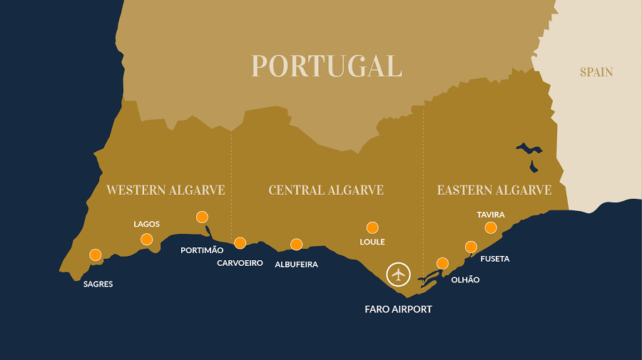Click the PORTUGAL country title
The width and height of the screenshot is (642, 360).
pyautogui.click(x=327, y=66)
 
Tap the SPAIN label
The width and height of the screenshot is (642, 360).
pyautogui.click(x=596, y=72)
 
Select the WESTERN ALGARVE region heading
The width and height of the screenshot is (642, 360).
pyautogui.click(x=165, y=190)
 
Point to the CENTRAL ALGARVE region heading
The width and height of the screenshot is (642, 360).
pyautogui.click(x=326, y=190)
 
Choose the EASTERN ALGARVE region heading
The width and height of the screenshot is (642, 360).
pyautogui.click(x=494, y=190)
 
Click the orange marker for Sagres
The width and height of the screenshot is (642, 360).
pyautogui.click(x=96, y=254)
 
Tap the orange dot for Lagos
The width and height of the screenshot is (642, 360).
pyautogui.click(x=147, y=239)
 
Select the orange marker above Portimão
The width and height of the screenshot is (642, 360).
pyautogui.click(x=202, y=217)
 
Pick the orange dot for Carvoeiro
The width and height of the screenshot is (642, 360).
pyautogui.click(x=240, y=242)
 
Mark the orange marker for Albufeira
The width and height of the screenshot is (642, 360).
pyautogui.click(x=297, y=245)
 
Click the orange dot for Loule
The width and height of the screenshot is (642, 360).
pyautogui.click(x=372, y=227)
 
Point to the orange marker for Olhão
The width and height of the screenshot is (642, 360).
pyautogui.click(x=442, y=263)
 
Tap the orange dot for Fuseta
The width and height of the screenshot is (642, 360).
pyautogui.click(x=471, y=247)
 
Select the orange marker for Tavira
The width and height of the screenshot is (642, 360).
pyautogui.click(x=491, y=227)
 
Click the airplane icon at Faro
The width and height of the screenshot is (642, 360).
pyautogui.click(x=398, y=274)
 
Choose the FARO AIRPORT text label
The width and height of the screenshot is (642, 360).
pyautogui.click(x=398, y=309)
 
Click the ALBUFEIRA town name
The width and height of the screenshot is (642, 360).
pyautogui.click(x=296, y=264)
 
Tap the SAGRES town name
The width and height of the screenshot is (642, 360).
pyautogui.click(x=98, y=284)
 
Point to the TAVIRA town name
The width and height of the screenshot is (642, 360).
pyautogui.click(x=491, y=215)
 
